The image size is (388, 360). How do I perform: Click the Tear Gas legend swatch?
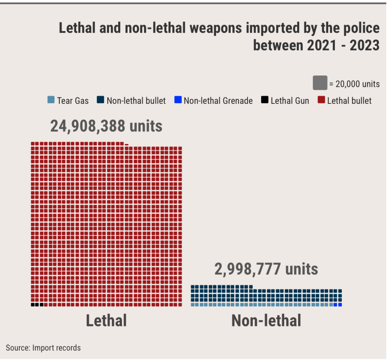point(51,100)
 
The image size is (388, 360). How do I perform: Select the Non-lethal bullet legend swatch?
point(100,100)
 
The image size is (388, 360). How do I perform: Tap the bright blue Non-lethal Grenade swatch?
point(177,100)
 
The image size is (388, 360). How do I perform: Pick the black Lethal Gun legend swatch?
point(264,100)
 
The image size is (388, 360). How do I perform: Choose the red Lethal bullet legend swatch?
point(321,100)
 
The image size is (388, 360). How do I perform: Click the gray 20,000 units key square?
point(320,83)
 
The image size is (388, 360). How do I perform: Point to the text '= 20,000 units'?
point(355,84)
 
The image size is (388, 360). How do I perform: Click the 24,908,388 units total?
point(106,126)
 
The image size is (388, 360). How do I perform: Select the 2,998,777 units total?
point(266,269)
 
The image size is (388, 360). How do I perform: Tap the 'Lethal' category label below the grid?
point(106,321)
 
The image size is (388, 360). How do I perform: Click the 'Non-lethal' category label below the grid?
point(266,321)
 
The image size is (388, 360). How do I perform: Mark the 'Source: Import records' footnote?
point(43,347)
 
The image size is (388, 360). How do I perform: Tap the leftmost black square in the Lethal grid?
point(33,305)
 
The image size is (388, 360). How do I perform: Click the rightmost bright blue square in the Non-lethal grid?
point(340,305)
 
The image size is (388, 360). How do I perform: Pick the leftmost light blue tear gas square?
point(192,305)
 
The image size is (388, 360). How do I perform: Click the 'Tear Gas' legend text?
point(73,101)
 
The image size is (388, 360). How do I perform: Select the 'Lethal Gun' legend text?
point(290,101)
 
